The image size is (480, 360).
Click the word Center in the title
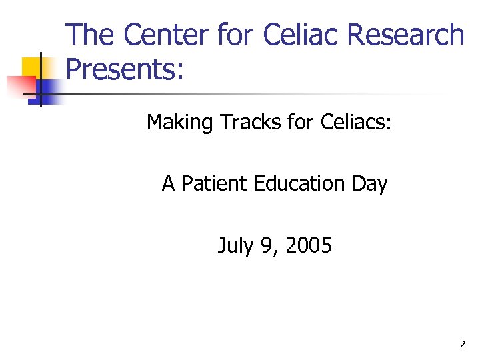[x=160, y=35]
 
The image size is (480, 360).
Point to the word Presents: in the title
[x=125, y=69]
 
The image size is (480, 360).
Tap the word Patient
[x=215, y=183]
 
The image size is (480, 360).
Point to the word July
[x=235, y=246]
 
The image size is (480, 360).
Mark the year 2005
[x=308, y=246]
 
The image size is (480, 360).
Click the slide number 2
[x=462, y=345]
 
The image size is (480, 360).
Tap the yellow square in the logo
[x=33, y=67]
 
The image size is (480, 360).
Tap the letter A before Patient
[x=168, y=183]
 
